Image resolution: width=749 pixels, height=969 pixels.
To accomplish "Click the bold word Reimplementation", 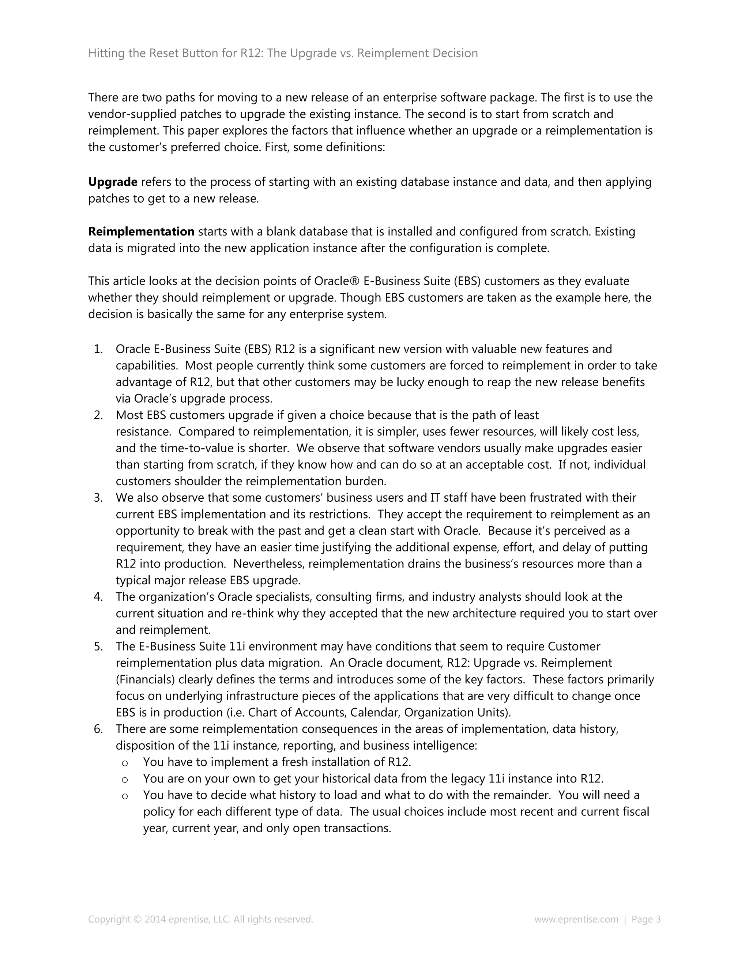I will (141, 231).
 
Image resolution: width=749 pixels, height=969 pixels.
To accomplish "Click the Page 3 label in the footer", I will (646, 919).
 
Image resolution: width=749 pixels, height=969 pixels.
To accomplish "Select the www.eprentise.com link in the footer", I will (576, 919).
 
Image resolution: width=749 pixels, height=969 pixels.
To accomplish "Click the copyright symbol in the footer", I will (138, 919).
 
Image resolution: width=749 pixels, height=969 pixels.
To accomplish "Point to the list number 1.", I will (98, 349).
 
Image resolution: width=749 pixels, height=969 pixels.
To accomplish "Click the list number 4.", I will (98, 597).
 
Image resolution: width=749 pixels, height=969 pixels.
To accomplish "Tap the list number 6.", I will (98, 729).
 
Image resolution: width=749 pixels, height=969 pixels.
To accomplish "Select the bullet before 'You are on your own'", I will (125, 779).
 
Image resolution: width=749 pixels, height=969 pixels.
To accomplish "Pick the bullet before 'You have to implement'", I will (125, 763).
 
